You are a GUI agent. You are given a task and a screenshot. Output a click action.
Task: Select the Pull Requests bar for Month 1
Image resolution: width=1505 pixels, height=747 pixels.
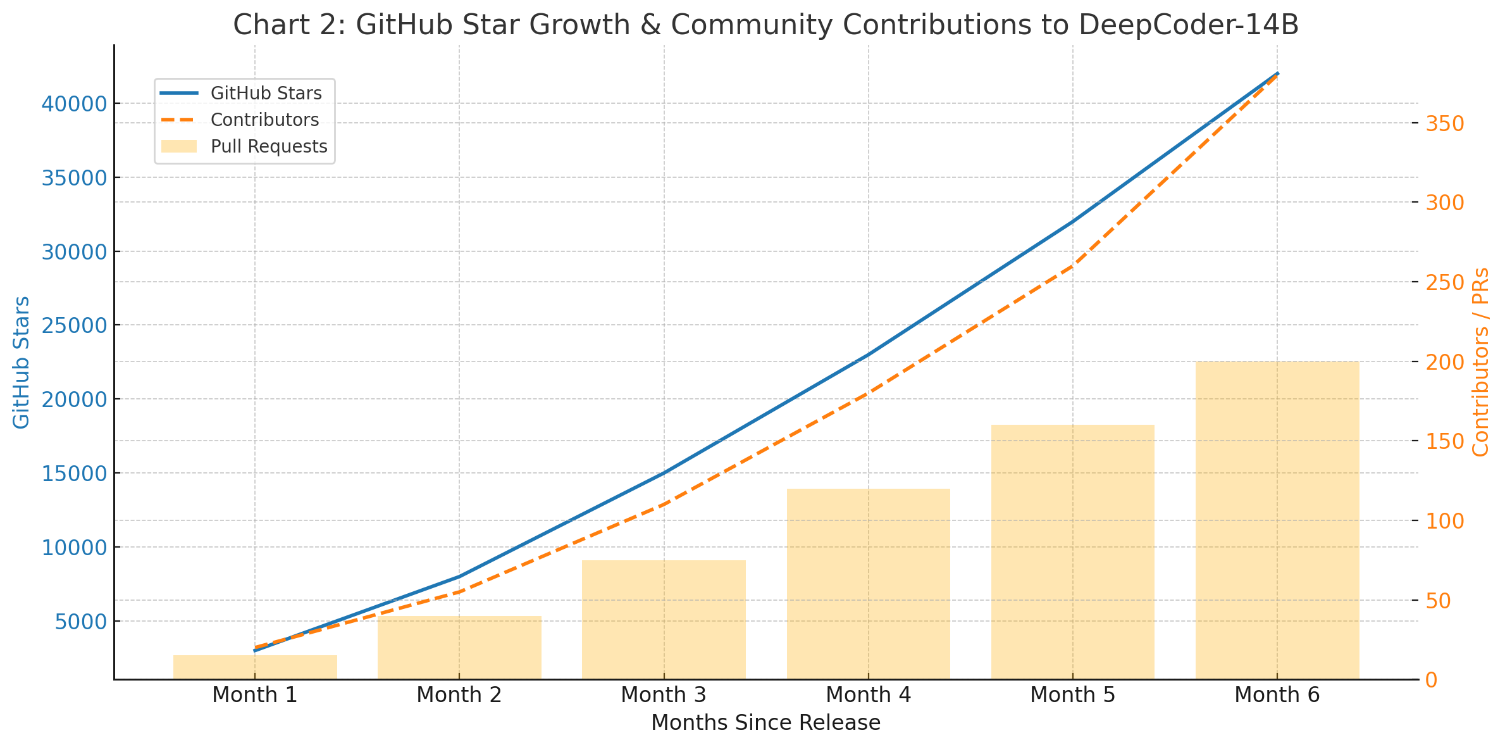coord(255,667)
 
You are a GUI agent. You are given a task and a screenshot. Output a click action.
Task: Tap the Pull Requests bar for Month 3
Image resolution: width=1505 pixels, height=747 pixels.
coord(664,620)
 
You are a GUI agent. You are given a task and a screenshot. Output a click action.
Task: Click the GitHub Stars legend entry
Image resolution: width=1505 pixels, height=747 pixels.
coord(266,94)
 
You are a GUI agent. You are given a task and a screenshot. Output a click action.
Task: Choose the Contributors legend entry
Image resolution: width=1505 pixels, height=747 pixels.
coord(264,120)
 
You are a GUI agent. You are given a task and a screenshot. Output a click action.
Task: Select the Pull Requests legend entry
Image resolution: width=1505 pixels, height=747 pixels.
coord(269,147)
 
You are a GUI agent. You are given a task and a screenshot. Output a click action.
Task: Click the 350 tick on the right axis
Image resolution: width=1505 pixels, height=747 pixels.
coord(1446,123)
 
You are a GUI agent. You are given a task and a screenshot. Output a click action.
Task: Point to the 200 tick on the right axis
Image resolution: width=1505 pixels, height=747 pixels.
coord(1446,362)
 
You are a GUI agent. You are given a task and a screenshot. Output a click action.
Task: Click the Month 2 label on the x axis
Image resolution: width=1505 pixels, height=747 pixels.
coord(459,695)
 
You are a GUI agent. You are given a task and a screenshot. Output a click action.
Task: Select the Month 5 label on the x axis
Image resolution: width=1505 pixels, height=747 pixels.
coord(1072,695)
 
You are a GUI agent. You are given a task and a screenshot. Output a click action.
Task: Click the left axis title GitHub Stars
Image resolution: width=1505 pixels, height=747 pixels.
coord(22,362)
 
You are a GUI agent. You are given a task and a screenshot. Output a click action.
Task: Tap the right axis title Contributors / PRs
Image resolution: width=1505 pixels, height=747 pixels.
coord(1481,362)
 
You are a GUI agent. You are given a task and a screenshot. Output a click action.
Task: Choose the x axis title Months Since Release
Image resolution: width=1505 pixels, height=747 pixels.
coord(765,723)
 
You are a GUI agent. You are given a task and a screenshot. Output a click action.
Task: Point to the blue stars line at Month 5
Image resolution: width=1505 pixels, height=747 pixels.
coord(1072,222)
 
